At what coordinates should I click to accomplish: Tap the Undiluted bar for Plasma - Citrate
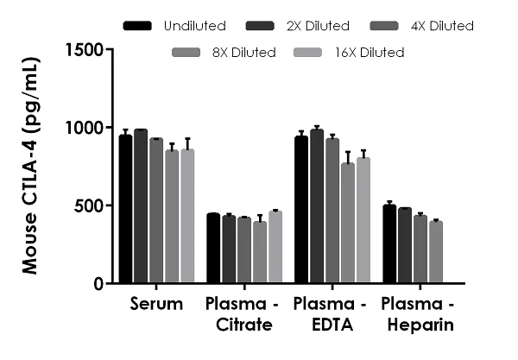[212, 249]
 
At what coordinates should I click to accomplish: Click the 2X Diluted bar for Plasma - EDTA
[316, 206]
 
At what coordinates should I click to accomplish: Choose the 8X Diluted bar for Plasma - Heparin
[436, 252]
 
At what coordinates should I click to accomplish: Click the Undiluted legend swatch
[137, 26]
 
